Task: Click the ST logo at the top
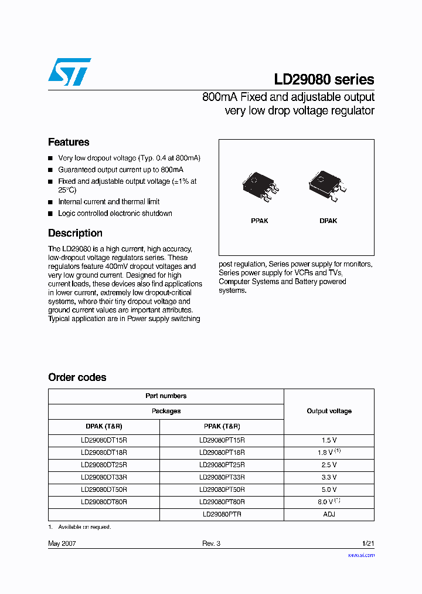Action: pyautogui.click(x=69, y=72)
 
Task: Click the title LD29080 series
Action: pyautogui.click(x=324, y=79)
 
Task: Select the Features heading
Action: pyautogui.click(x=69, y=142)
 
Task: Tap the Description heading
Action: pyautogui.click(x=75, y=233)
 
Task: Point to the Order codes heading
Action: pyautogui.click(x=77, y=377)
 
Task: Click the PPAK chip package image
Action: pyautogui.click(x=260, y=187)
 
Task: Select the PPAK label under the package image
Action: pyautogui.click(x=259, y=221)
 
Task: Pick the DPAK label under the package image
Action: pyautogui.click(x=328, y=221)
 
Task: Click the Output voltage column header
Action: pyautogui.click(x=329, y=411)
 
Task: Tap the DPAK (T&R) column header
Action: pyautogui.click(x=104, y=427)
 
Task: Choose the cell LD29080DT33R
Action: pyautogui.click(x=104, y=477)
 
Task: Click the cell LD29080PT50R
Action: pyautogui.click(x=222, y=490)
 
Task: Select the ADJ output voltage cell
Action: pyautogui.click(x=329, y=514)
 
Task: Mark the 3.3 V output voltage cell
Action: pyautogui.click(x=329, y=477)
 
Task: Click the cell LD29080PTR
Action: pyautogui.click(x=222, y=514)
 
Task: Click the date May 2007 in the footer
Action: pyautogui.click(x=62, y=544)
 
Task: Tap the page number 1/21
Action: pyautogui.click(x=367, y=544)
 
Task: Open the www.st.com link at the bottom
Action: pyautogui.click(x=361, y=555)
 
